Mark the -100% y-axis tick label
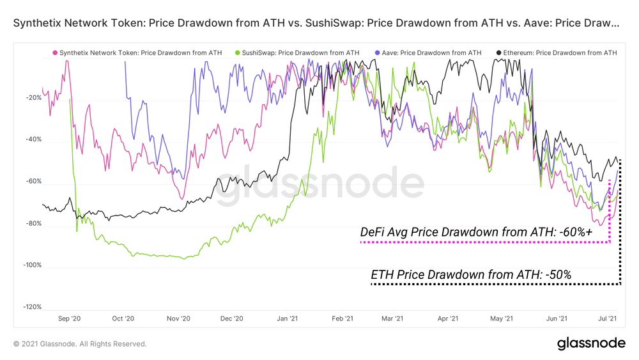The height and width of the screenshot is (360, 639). click(x=31, y=265)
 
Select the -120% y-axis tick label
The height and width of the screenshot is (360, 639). click(x=31, y=307)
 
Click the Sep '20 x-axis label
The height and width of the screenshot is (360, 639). click(x=69, y=318)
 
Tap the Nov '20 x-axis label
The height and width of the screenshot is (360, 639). click(x=178, y=318)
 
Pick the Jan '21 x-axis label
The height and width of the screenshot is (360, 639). click(x=288, y=318)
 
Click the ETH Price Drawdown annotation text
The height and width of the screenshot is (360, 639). click(x=471, y=274)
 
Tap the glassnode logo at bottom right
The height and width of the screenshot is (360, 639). click(x=591, y=343)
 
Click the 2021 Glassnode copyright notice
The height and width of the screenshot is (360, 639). click(x=80, y=344)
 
